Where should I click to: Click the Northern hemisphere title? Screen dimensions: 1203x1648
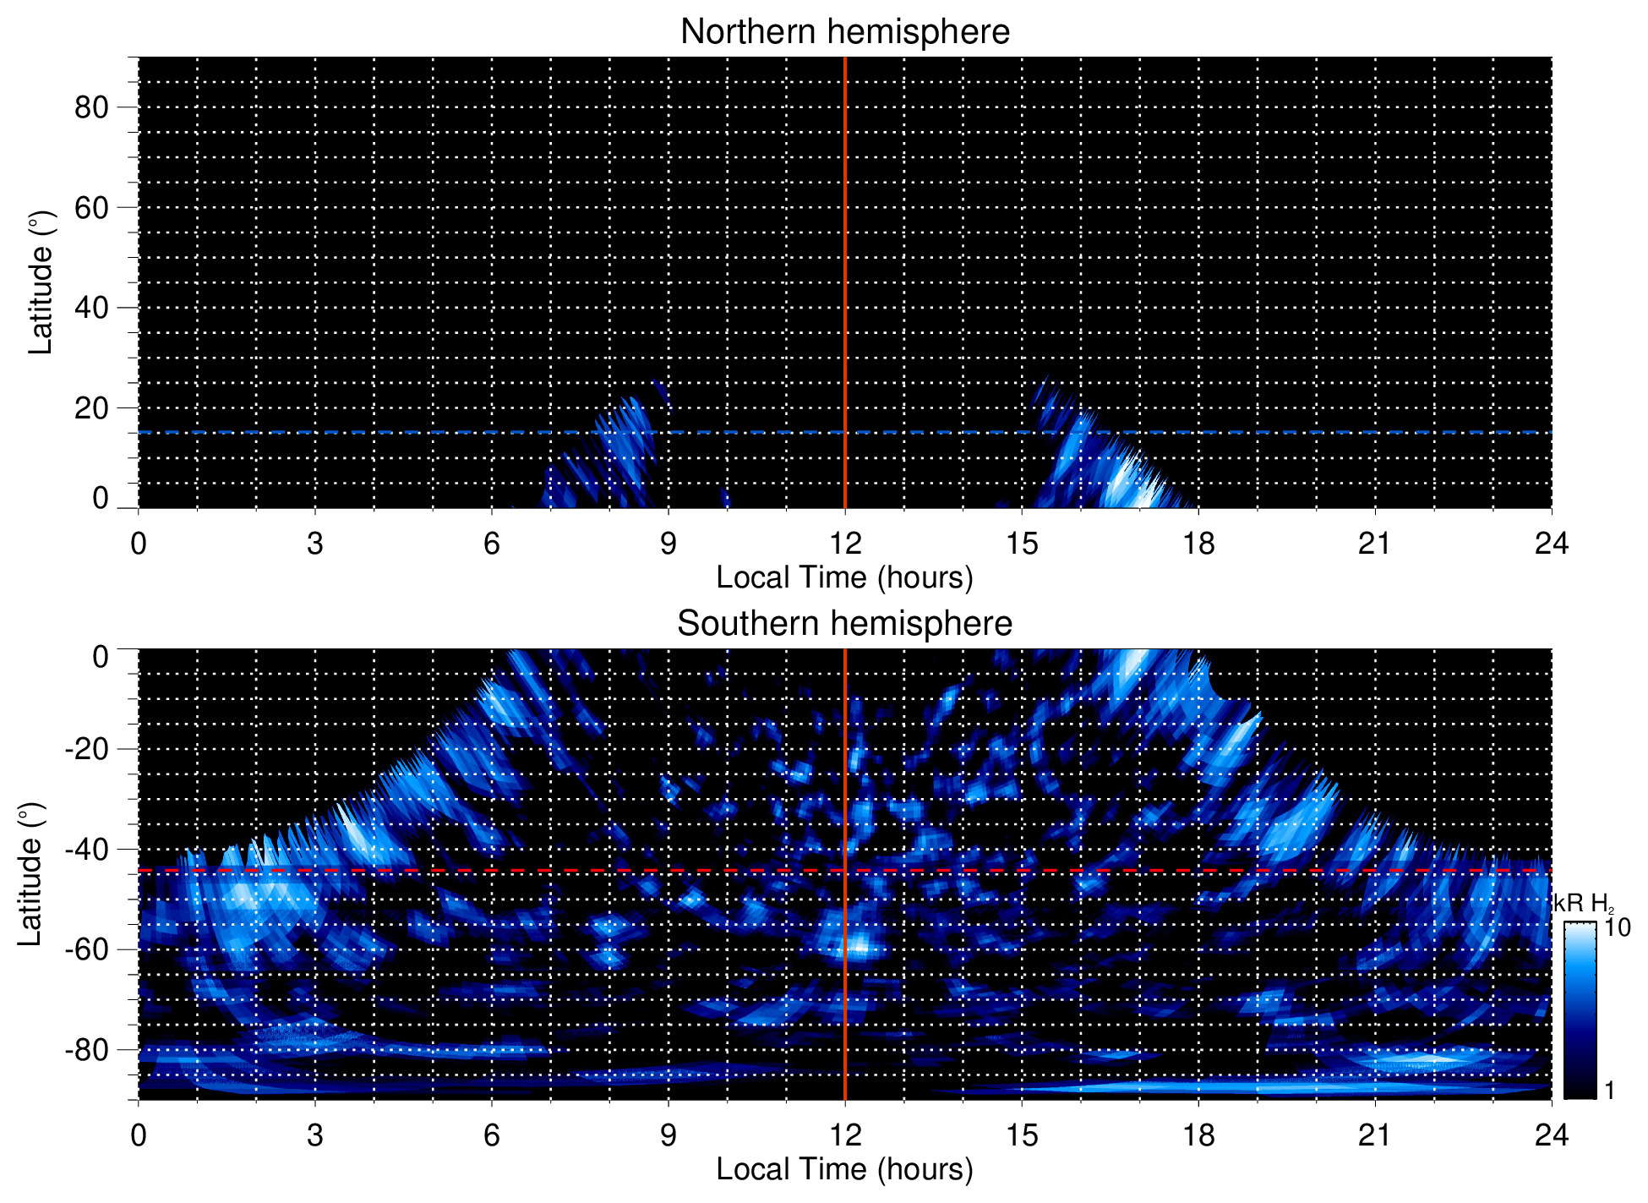click(844, 32)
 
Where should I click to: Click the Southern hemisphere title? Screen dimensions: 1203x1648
click(844, 624)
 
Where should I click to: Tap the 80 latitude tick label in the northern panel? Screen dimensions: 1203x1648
click(91, 107)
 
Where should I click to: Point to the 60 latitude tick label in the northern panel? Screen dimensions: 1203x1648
click(91, 207)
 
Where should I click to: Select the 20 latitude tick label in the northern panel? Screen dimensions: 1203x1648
click(91, 408)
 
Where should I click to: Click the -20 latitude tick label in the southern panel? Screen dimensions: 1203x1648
click(86, 749)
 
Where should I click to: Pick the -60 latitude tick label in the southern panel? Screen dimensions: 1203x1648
click(86, 949)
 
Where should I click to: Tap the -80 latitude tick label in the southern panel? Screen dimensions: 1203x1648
click(86, 1050)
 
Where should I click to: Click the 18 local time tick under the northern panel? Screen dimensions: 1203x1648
click(1198, 544)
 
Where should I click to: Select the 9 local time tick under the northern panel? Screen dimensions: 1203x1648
click(668, 544)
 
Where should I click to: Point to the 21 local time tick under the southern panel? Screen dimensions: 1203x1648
click(1375, 1135)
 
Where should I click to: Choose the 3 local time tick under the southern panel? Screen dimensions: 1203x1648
click(315, 1135)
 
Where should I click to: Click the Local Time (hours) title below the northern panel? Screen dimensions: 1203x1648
click(844, 577)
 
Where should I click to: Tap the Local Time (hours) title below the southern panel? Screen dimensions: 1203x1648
click(844, 1169)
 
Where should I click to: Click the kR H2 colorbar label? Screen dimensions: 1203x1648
click(1583, 903)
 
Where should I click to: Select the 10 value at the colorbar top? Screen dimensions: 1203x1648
click(1618, 927)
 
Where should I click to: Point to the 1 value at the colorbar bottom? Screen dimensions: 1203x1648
click(1609, 1090)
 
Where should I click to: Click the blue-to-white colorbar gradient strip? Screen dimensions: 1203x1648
click(1579, 1010)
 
